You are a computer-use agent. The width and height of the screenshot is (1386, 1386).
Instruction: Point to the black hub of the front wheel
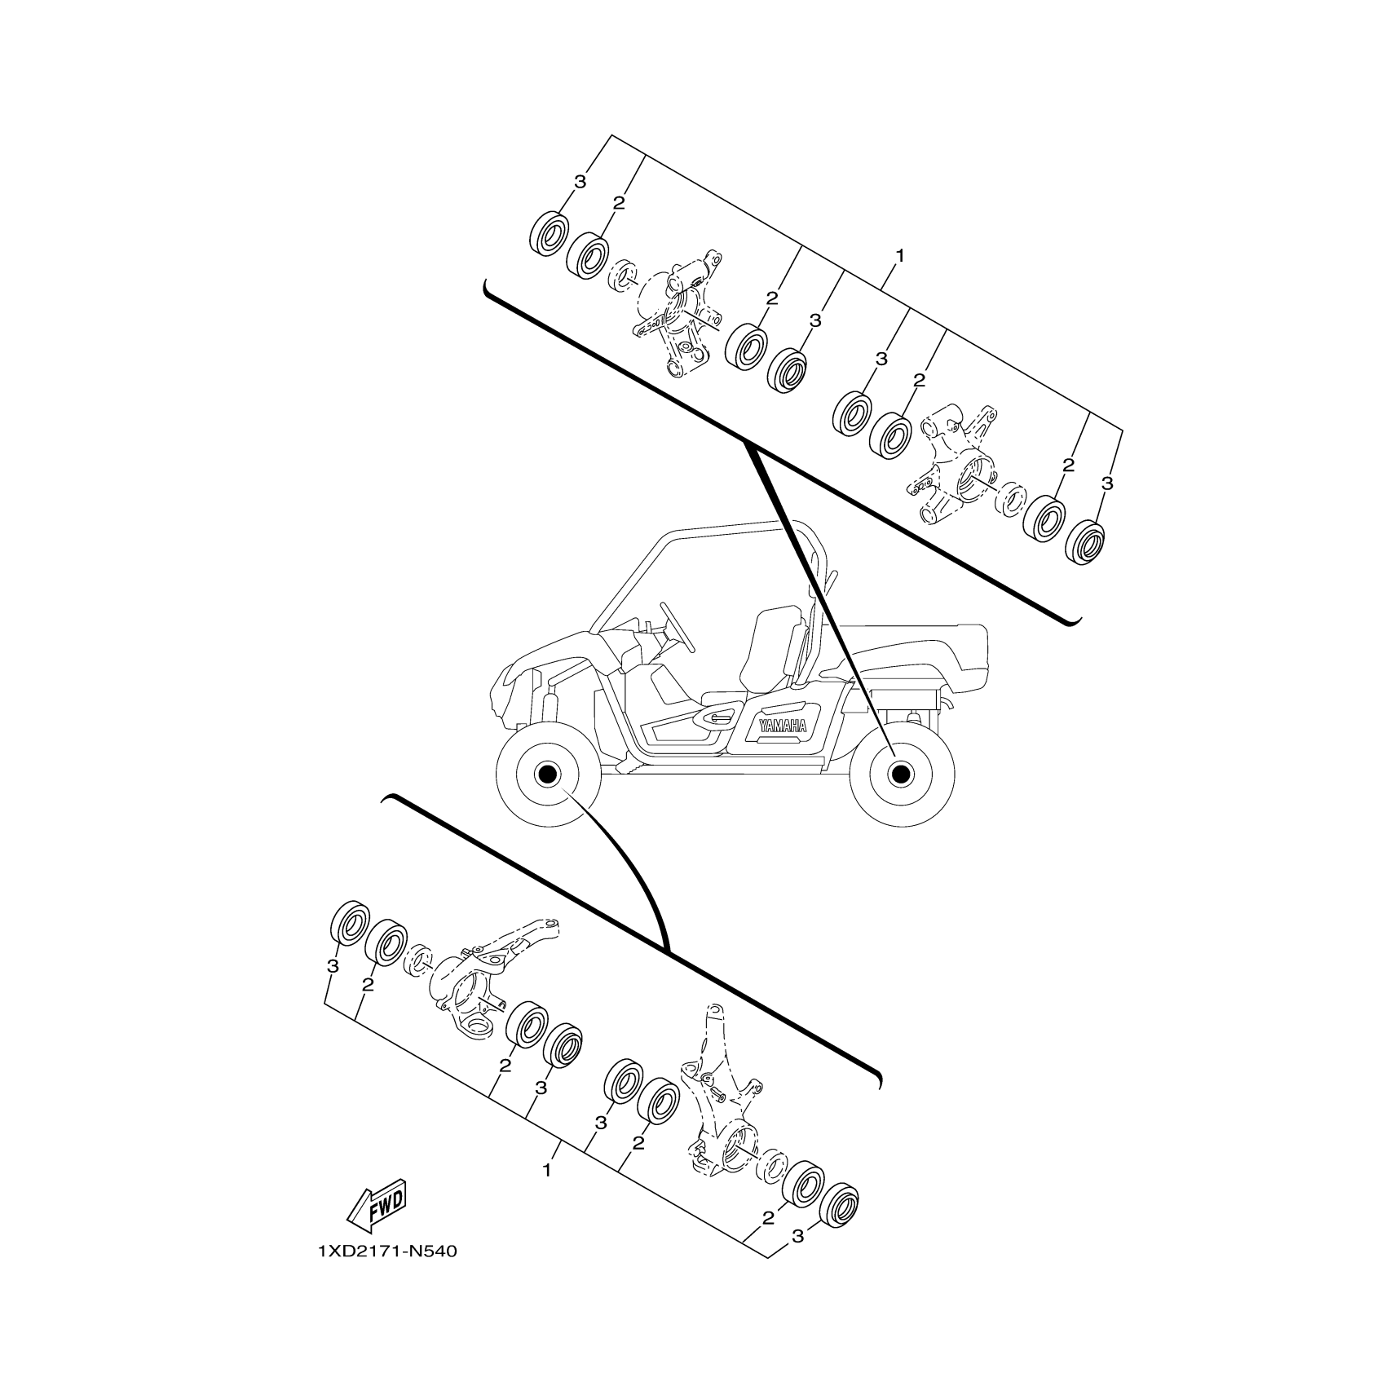545,773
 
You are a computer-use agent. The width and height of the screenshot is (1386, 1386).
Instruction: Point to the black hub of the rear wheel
900,773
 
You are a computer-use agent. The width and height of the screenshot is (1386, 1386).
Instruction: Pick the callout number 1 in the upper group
900,256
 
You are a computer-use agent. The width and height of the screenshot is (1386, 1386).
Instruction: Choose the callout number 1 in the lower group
547,1171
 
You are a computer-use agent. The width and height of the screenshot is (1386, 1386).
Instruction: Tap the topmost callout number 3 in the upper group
580,183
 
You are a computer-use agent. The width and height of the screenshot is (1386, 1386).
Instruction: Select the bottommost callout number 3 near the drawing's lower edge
797,1259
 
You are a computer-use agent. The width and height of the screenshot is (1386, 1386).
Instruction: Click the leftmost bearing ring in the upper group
549,234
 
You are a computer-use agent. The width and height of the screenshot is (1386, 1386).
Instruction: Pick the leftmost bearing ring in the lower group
348,923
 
